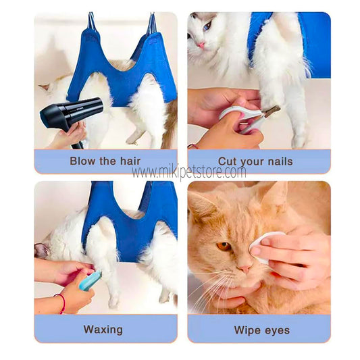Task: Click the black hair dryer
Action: pos(71,115)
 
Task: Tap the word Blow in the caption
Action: pos(82,161)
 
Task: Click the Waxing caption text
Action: pos(103,330)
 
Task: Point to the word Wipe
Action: pos(247,330)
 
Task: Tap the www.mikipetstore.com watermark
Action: pos(188,172)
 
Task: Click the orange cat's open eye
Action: pos(224,247)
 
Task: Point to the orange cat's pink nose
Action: pos(244,268)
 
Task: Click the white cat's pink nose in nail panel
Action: pos(201,45)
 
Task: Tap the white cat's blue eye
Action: pos(207,26)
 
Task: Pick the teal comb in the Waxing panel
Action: pos(90,281)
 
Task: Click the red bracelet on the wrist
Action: pos(61,303)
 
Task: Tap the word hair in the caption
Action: pos(130,161)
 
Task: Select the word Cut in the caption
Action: pos(226,161)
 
